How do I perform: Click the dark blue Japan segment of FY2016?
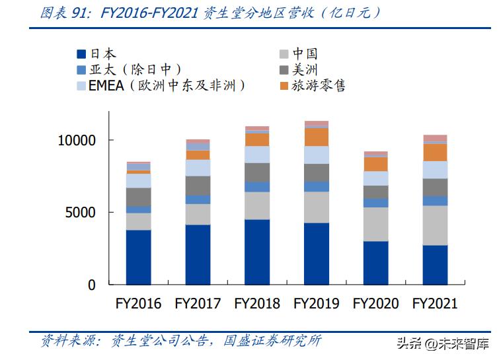[138, 257]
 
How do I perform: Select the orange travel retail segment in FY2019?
[316, 137]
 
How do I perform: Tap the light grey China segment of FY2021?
[435, 225]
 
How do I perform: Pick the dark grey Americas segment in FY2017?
[198, 186]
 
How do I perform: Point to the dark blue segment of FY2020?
[375, 262]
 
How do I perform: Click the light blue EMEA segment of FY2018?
[257, 155]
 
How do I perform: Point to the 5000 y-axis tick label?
[83, 213]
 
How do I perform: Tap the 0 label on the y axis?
[92, 285]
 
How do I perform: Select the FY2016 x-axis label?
[138, 304]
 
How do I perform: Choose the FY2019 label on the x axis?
[316, 304]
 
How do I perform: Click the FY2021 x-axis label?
[435, 304]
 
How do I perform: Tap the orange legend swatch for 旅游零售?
[284, 86]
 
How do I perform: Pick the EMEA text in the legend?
[106, 86]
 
